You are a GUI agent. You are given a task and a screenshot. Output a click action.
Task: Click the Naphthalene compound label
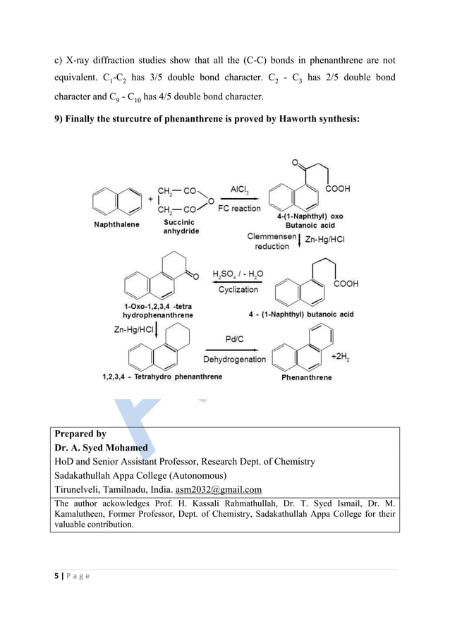pyautogui.click(x=116, y=225)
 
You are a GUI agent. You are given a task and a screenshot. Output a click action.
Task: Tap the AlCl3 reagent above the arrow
pyautogui.click(x=243, y=189)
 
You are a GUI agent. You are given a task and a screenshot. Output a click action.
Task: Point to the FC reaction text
pyautogui.click(x=239, y=209)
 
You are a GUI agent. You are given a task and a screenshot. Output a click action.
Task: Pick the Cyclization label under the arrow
pyautogui.click(x=238, y=290)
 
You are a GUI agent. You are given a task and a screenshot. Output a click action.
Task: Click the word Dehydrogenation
pyautogui.click(x=235, y=360)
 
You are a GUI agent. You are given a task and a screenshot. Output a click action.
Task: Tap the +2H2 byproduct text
pyautogui.click(x=341, y=357)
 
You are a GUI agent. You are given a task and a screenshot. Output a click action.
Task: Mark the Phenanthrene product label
pyautogui.click(x=306, y=378)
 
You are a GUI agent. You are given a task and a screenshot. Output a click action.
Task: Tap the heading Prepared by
pyautogui.click(x=80, y=434)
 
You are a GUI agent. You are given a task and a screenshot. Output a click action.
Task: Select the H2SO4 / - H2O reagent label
pyautogui.click(x=237, y=275)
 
